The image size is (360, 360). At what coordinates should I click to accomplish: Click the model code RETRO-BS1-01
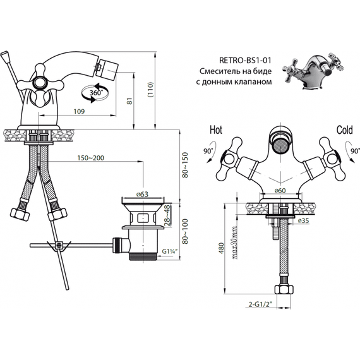click(x=245, y=60)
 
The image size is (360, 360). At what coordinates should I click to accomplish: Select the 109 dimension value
click(x=79, y=111)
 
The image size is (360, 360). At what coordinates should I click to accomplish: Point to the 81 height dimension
click(x=130, y=101)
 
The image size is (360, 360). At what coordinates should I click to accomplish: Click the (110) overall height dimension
click(x=150, y=90)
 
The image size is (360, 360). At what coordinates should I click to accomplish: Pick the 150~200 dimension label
click(x=91, y=158)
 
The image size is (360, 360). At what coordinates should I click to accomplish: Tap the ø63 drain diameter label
click(x=142, y=195)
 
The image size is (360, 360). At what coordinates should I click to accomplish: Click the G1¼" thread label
click(x=170, y=251)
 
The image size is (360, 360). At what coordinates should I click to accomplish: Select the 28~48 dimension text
click(x=167, y=215)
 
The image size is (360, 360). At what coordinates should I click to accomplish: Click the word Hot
click(x=216, y=130)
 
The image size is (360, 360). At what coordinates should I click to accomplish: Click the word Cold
click(x=344, y=130)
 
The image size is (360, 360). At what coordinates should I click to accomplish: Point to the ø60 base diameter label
click(x=280, y=191)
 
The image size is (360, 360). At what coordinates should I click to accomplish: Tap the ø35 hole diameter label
click(x=304, y=220)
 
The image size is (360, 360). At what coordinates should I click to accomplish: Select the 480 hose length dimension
click(x=221, y=248)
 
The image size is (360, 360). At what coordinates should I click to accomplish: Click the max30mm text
click(x=235, y=243)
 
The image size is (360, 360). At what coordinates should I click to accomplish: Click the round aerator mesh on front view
click(x=280, y=145)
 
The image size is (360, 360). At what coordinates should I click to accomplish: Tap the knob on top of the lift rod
click(x=5, y=57)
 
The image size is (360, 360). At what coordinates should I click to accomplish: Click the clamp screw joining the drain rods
click(x=59, y=245)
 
